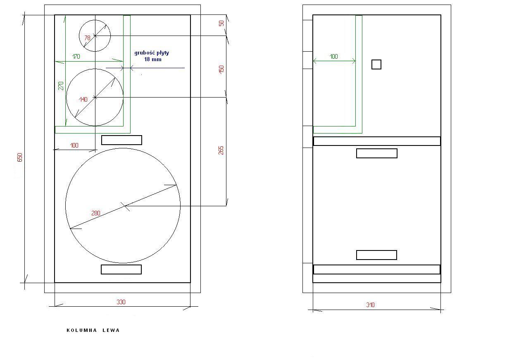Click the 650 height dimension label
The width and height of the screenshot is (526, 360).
pyautogui.click(x=20, y=157)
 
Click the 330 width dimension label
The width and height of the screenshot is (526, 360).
pyautogui.click(x=121, y=302)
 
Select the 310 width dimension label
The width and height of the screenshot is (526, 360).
pyautogui.click(x=370, y=305)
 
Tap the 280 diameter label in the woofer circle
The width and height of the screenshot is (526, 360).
pyautogui.click(x=96, y=213)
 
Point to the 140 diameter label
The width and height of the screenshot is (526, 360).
pyautogui.click(x=83, y=99)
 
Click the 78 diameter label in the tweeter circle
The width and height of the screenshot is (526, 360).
pyautogui.click(x=87, y=38)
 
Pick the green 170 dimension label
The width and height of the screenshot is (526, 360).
pyautogui.click(x=76, y=57)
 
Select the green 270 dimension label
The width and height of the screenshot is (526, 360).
pyautogui.click(x=61, y=86)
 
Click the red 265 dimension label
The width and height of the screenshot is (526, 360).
pyautogui.click(x=221, y=150)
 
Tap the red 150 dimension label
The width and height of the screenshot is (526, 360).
pyautogui.click(x=221, y=69)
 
